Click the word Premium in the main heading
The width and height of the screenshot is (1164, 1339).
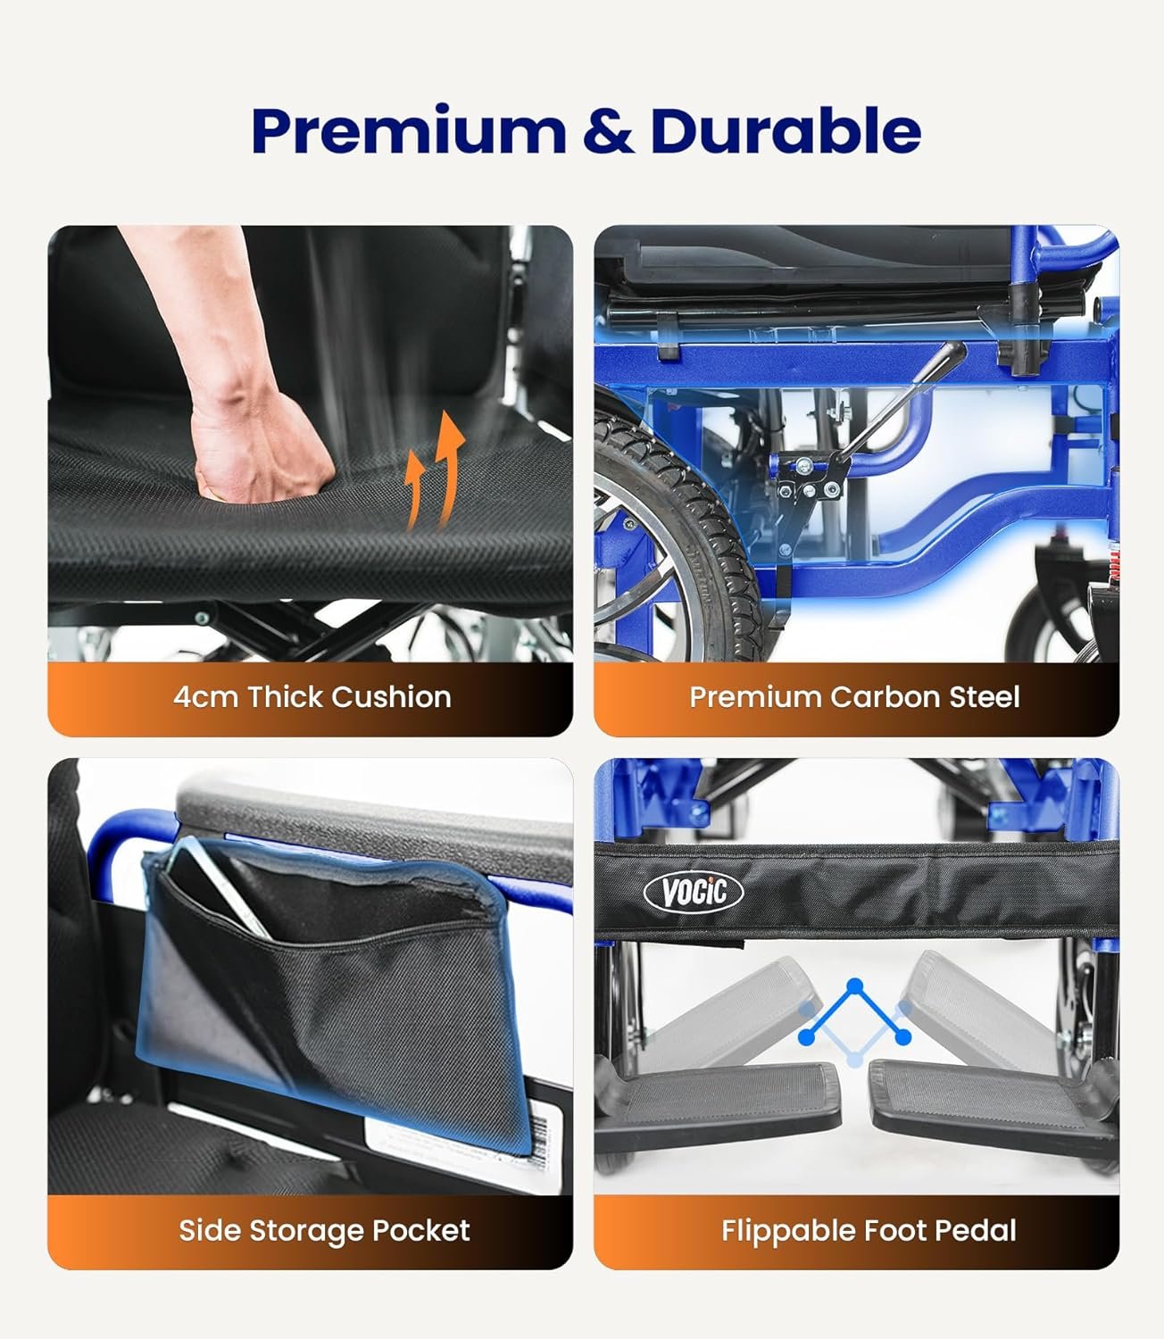(408, 131)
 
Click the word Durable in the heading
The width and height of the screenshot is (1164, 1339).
(786, 131)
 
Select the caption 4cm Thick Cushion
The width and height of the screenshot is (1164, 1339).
(312, 697)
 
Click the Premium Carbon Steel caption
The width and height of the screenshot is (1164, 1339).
(854, 697)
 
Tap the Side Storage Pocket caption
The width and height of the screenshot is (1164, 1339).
(323, 1231)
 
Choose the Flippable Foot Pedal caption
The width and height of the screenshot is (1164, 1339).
(869, 1231)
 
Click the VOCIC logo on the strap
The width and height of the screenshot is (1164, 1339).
(693, 891)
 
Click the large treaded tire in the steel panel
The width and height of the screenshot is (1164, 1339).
(678, 536)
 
